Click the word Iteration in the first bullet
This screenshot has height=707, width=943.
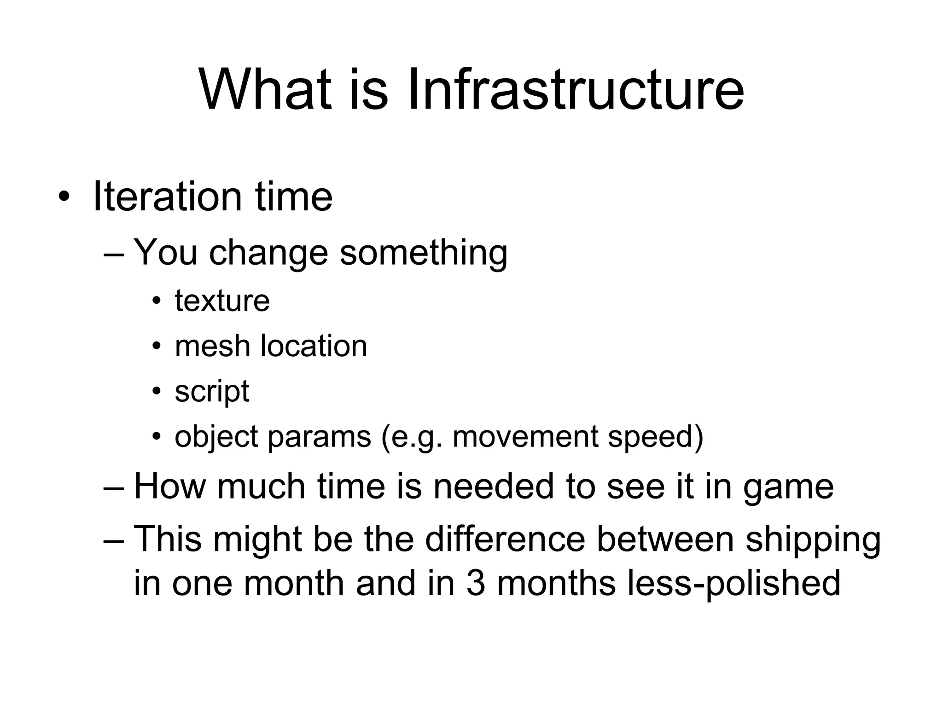[167, 197]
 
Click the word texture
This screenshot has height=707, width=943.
[222, 301]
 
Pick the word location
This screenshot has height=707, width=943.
[314, 346]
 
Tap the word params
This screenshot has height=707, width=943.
[319, 437]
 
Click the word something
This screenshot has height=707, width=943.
[423, 253]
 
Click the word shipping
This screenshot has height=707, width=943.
[813, 539]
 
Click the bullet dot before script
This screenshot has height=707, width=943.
[157, 392]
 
